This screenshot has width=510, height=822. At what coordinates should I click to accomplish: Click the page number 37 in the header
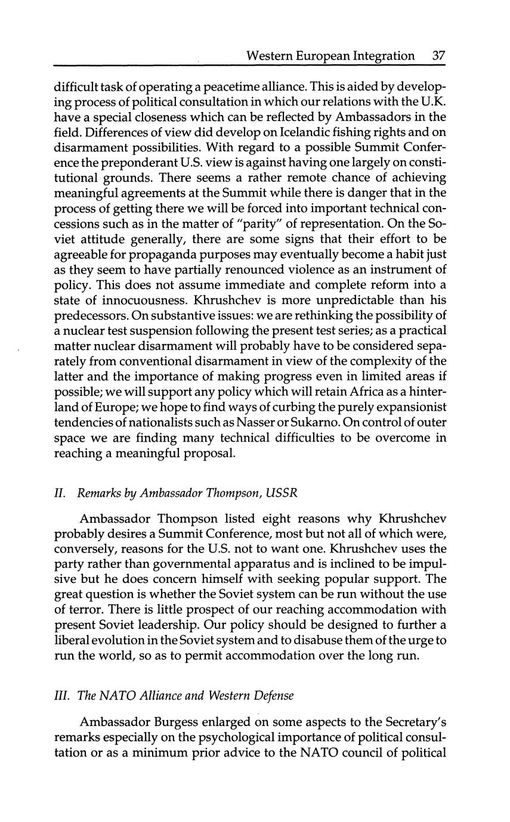438,56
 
